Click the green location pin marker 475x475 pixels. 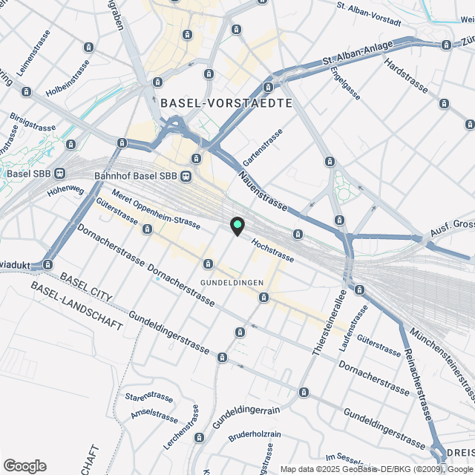(x=237, y=226)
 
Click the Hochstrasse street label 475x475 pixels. (x=272, y=251)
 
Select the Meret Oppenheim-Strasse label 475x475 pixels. (x=156, y=211)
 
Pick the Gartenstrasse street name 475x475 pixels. (x=263, y=148)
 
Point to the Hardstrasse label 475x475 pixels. (x=406, y=76)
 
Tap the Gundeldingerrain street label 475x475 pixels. (x=245, y=416)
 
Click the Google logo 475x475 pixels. (x=24, y=465)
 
